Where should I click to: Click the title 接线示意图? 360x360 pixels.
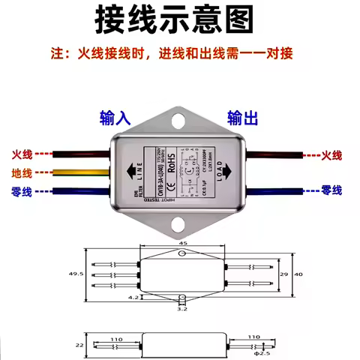coord(179,20)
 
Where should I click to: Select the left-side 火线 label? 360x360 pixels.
coord(22,154)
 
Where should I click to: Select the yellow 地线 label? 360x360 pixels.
coord(22,173)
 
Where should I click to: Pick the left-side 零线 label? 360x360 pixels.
coord(22,191)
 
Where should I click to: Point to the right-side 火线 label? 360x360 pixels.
coord(331,155)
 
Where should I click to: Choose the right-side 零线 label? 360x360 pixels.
coord(331,191)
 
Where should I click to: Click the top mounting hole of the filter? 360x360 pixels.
coord(180,118)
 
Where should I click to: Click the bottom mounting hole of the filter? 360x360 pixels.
coord(180,223)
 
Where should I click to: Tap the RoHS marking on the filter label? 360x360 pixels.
coord(172,160)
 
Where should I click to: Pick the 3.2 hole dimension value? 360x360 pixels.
coord(181,307)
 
